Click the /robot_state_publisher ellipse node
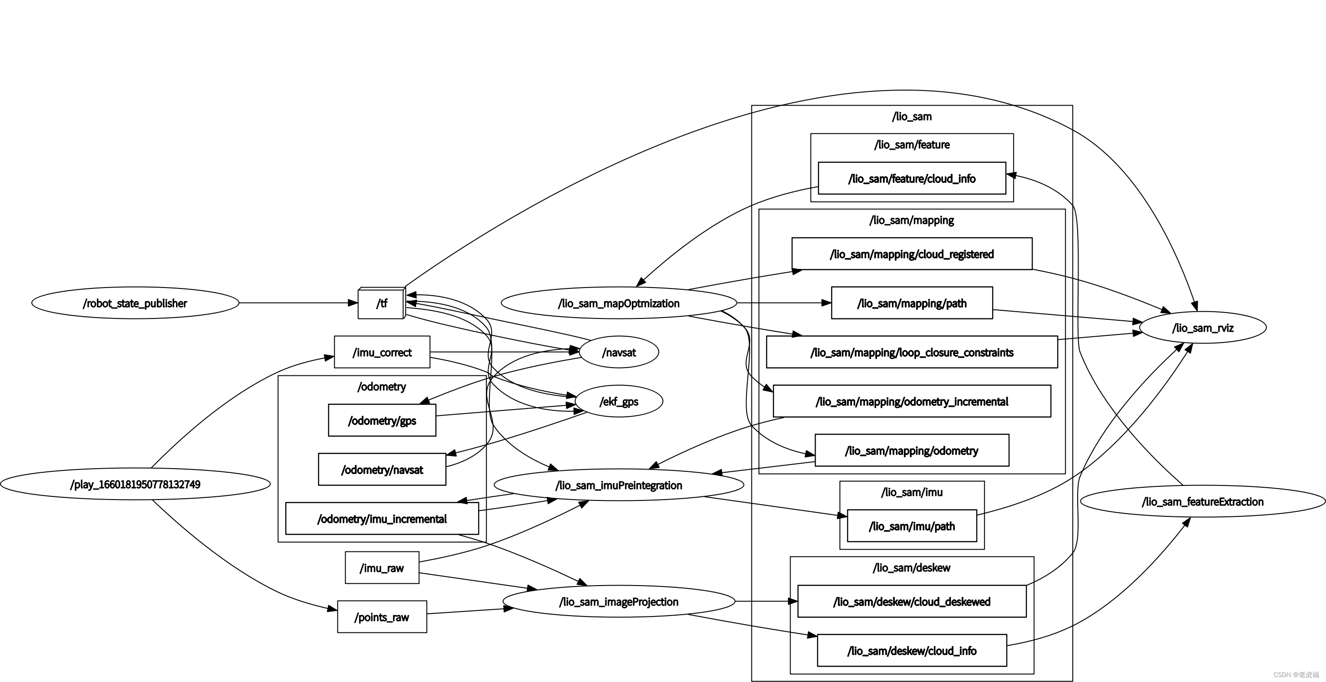click(x=135, y=303)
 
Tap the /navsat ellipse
click(x=619, y=352)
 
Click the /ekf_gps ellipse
click(x=619, y=401)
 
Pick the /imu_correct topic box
click(x=382, y=352)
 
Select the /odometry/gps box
click(x=382, y=420)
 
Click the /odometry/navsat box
click(x=382, y=470)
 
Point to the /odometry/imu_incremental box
click(x=382, y=519)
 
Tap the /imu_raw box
click(x=382, y=568)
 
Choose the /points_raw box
click(x=382, y=616)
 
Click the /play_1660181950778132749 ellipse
click(x=135, y=484)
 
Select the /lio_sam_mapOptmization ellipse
click(x=619, y=303)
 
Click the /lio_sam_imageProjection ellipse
click(x=619, y=601)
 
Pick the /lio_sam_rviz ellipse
click(x=1202, y=328)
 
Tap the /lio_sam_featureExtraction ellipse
click(x=1202, y=501)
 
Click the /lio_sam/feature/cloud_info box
click(x=912, y=179)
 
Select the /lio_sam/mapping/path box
click(x=912, y=303)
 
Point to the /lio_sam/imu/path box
click(x=912, y=526)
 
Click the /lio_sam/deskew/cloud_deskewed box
click(x=912, y=601)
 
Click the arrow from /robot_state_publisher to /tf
click(x=298, y=303)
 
